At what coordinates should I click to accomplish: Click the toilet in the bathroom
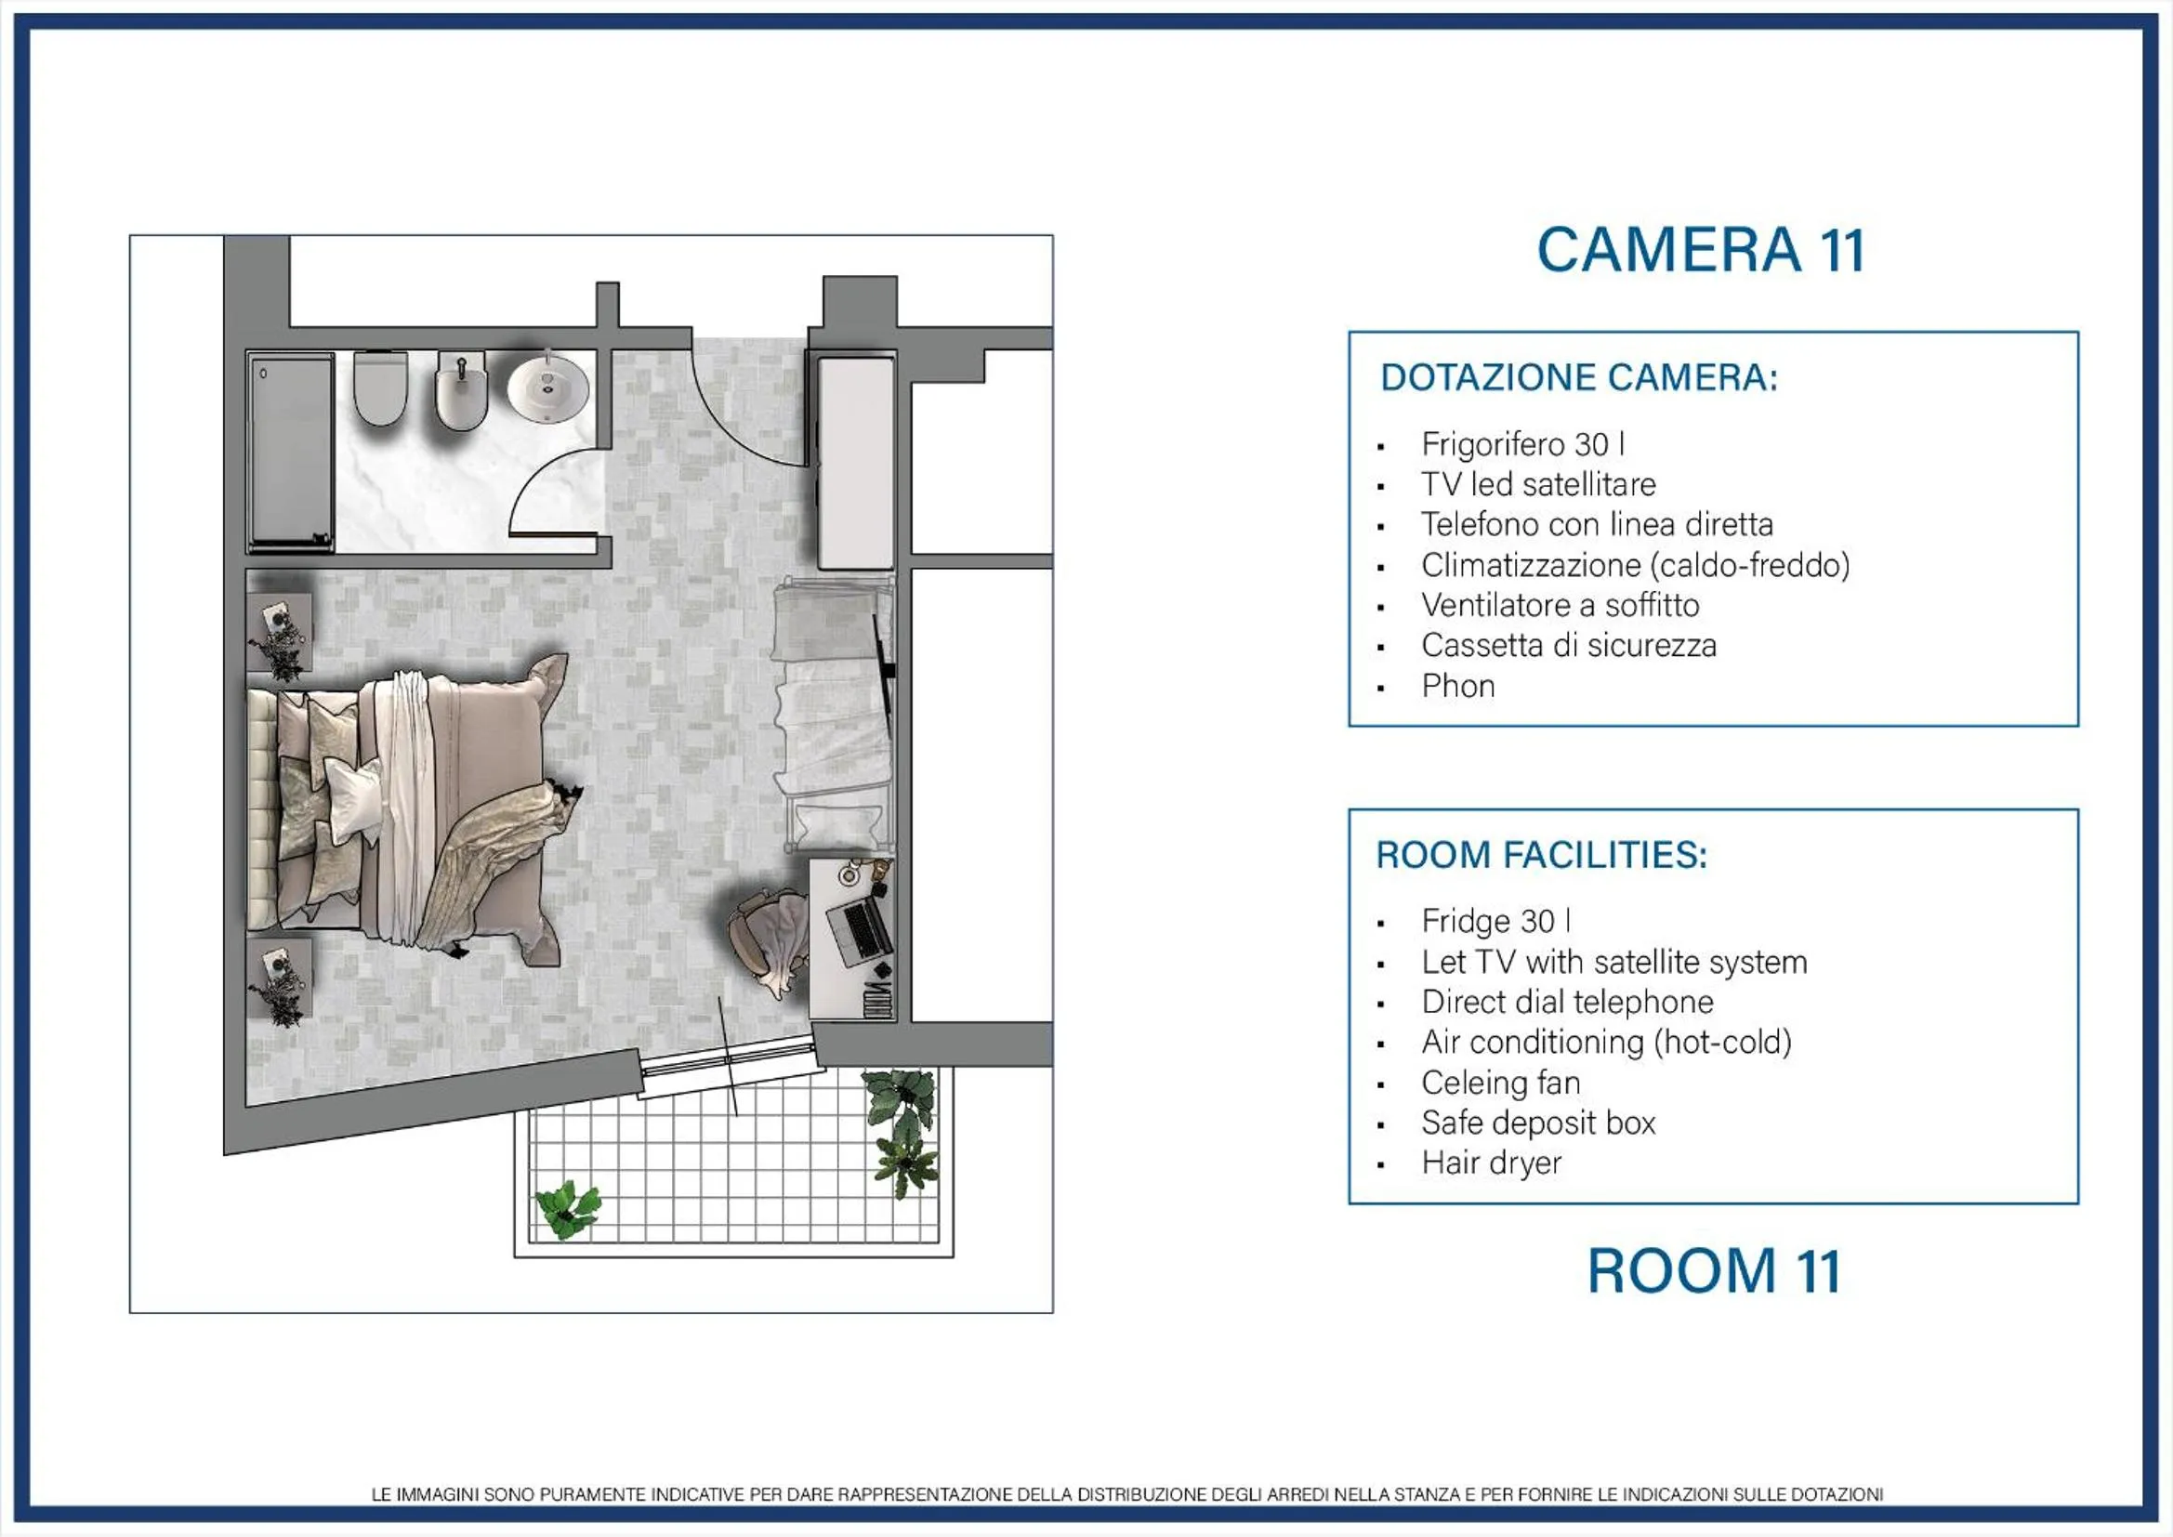click(x=380, y=388)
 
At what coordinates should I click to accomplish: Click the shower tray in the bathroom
click(x=291, y=453)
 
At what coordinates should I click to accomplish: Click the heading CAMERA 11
click(x=1701, y=251)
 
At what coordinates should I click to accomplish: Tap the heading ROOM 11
click(x=1714, y=1270)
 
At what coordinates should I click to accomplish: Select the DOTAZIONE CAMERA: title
click(x=1579, y=377)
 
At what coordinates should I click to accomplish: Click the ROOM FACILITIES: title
click(x=1542, y=855)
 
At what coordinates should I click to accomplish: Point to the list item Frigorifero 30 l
click(x=1521, y=444)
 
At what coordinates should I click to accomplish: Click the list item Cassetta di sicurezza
click(x=1568, y=646)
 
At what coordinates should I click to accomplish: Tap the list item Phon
click(x=1457, y=685)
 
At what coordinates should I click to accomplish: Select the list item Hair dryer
click(x=1491, y=1163)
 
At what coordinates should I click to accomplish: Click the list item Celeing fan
click(x=1501, y=1082)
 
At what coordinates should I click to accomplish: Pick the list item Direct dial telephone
click(x=1567, y=1002)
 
